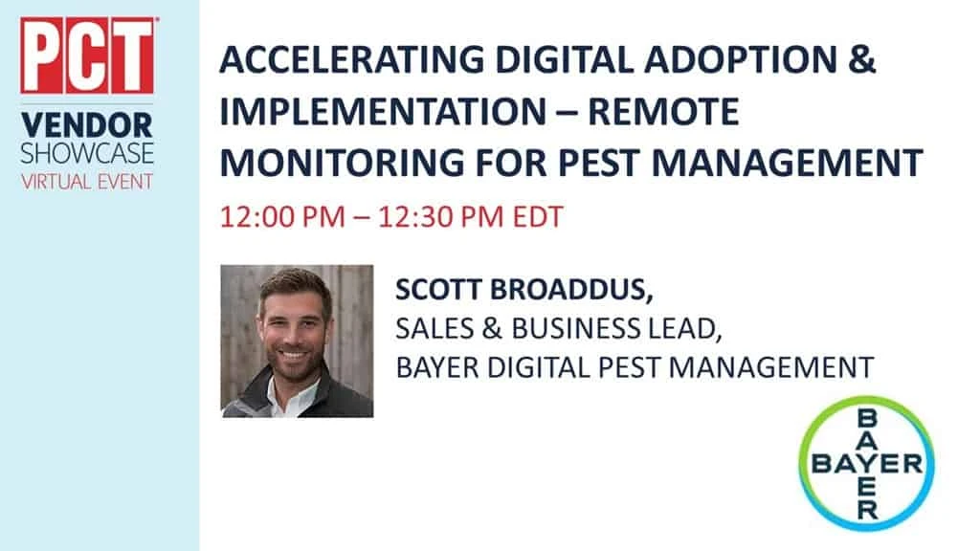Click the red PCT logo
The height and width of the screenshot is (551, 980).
coord(87,55)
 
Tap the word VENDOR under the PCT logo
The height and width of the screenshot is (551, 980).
coord(87,125)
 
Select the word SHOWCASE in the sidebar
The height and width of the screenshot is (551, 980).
coord(87,154)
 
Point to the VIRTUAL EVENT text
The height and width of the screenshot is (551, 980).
coord(87,182)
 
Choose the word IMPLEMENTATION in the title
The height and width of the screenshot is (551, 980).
coord(383,111)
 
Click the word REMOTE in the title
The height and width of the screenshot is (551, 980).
coord(663,111)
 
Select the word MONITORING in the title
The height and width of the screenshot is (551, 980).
coord(342,163)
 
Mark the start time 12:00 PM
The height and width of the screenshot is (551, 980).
coord(282,217)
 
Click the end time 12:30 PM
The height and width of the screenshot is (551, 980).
coord(440,217)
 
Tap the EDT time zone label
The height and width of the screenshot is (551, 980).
coord(538,217)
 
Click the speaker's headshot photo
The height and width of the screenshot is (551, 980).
coord(297,342)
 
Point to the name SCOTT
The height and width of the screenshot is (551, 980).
coord(438,290)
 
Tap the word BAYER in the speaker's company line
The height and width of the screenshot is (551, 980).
coord(436,367)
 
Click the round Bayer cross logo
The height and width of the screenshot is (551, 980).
coord(866,464)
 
